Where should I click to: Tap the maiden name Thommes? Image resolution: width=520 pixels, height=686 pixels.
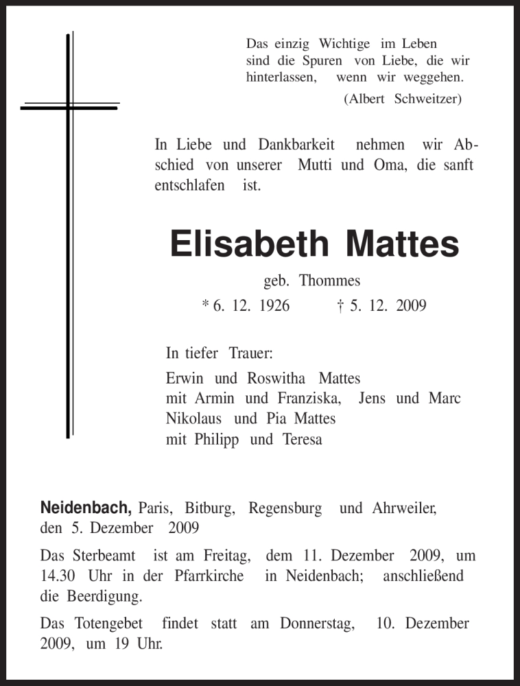click(335, 280)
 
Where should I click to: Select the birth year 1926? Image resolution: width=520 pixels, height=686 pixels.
click(274, 305)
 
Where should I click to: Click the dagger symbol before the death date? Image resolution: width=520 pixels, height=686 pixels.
click(341, 305)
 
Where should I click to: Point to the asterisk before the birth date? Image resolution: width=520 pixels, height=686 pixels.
click(205, 304)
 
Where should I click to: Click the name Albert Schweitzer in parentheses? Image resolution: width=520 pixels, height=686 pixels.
click(403, 98)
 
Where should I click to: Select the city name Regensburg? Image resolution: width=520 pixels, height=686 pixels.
click(285, 509)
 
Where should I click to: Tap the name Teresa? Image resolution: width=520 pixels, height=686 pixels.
click(302, 440)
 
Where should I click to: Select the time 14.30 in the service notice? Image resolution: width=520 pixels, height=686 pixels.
click(59, 576)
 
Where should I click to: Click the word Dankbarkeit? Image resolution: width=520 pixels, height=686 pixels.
click(296, 145)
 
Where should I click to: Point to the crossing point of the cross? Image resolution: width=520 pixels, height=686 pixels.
click(69, 106)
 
